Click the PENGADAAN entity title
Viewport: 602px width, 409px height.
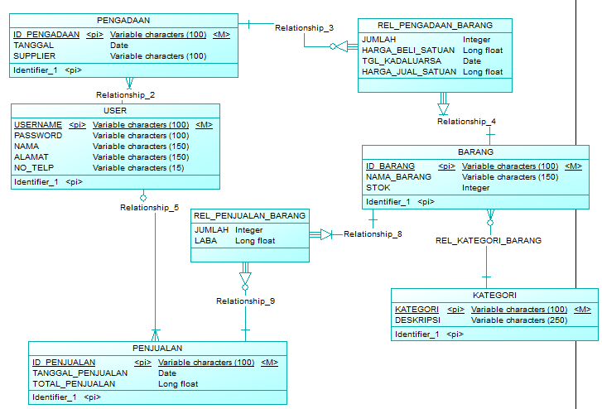pos(123,20)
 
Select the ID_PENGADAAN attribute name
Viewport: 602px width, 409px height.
pos(46,35)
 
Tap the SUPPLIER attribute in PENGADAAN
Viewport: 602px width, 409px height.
pos(35,56)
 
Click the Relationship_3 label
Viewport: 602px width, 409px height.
pos(304,28)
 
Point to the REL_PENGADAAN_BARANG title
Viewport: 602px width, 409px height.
pos(435,25)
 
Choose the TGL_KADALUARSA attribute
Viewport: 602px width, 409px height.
pos(402,61)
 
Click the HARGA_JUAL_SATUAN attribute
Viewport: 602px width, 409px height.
pos(409,72)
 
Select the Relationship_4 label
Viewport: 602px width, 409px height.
pos(466,122)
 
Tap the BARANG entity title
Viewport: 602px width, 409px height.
pos(475,152)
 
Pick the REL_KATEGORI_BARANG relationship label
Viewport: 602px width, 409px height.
pos(488,241)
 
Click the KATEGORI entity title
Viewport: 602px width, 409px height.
pos(494,295)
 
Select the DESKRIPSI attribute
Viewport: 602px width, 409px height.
pos(417,320)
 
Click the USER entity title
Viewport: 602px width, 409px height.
pos(115,110)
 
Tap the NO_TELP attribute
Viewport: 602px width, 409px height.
pos(34,167)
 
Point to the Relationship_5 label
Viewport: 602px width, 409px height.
pos(149,208)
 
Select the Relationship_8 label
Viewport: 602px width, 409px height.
pos(373,234)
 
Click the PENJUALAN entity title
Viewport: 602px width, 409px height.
pos(157,348)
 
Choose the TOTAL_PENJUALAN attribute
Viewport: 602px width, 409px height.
pos(74,384)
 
